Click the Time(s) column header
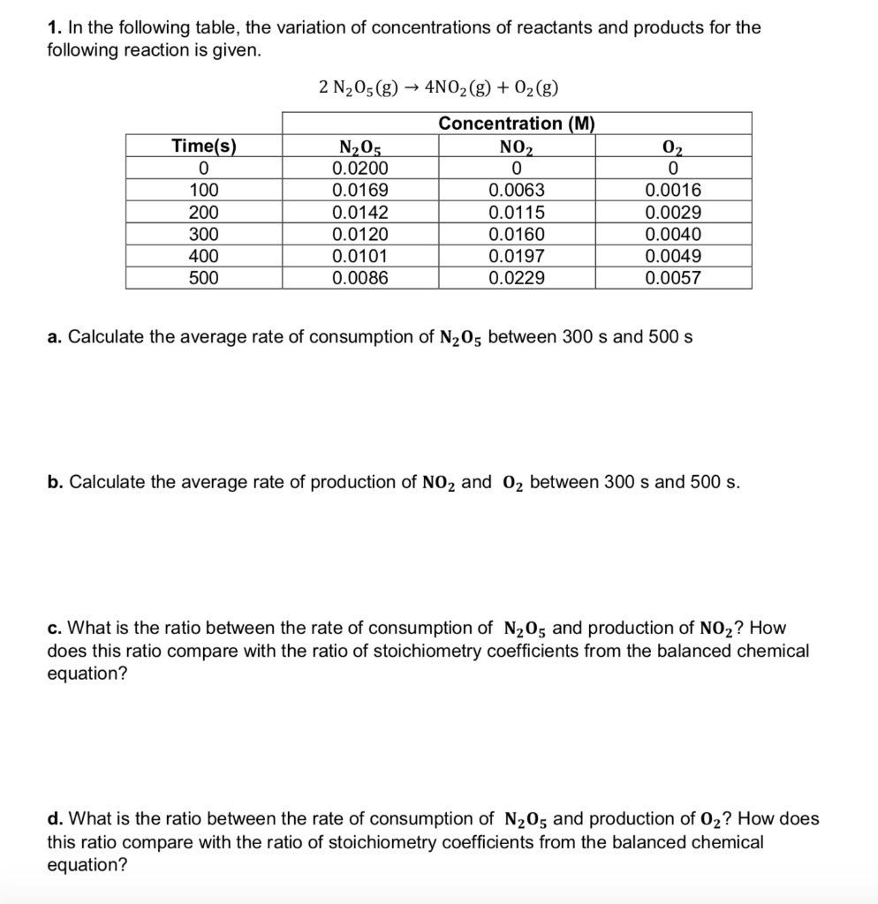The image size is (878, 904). (x=203, y=146)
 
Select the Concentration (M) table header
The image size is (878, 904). (x=517, y=124)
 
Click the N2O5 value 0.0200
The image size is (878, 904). (x=360, y=168)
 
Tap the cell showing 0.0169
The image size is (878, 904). (x=360, y=190)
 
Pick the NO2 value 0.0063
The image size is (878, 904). (x=517, y=190)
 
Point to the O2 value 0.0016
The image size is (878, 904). (x=673, y=190)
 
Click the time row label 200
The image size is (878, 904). (x=203, y=212)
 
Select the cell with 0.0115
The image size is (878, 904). (x=517, y=212)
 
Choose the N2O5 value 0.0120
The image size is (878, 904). (x=360, y=234)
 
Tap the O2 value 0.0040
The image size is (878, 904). (x=673, y=234)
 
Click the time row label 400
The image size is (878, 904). (x=203, y=256)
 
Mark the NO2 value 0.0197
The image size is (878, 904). (x=517, y=256)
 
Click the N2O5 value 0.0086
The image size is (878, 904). (x=360, y=278)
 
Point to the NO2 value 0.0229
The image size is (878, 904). (x=517, y=278)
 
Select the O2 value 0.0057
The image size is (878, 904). (x=673, y=278)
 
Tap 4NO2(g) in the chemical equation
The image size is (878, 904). (x=460, y=87)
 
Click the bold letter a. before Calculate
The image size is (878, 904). (x=53, y=337)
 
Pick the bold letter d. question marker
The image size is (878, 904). (x=53, y=819)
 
